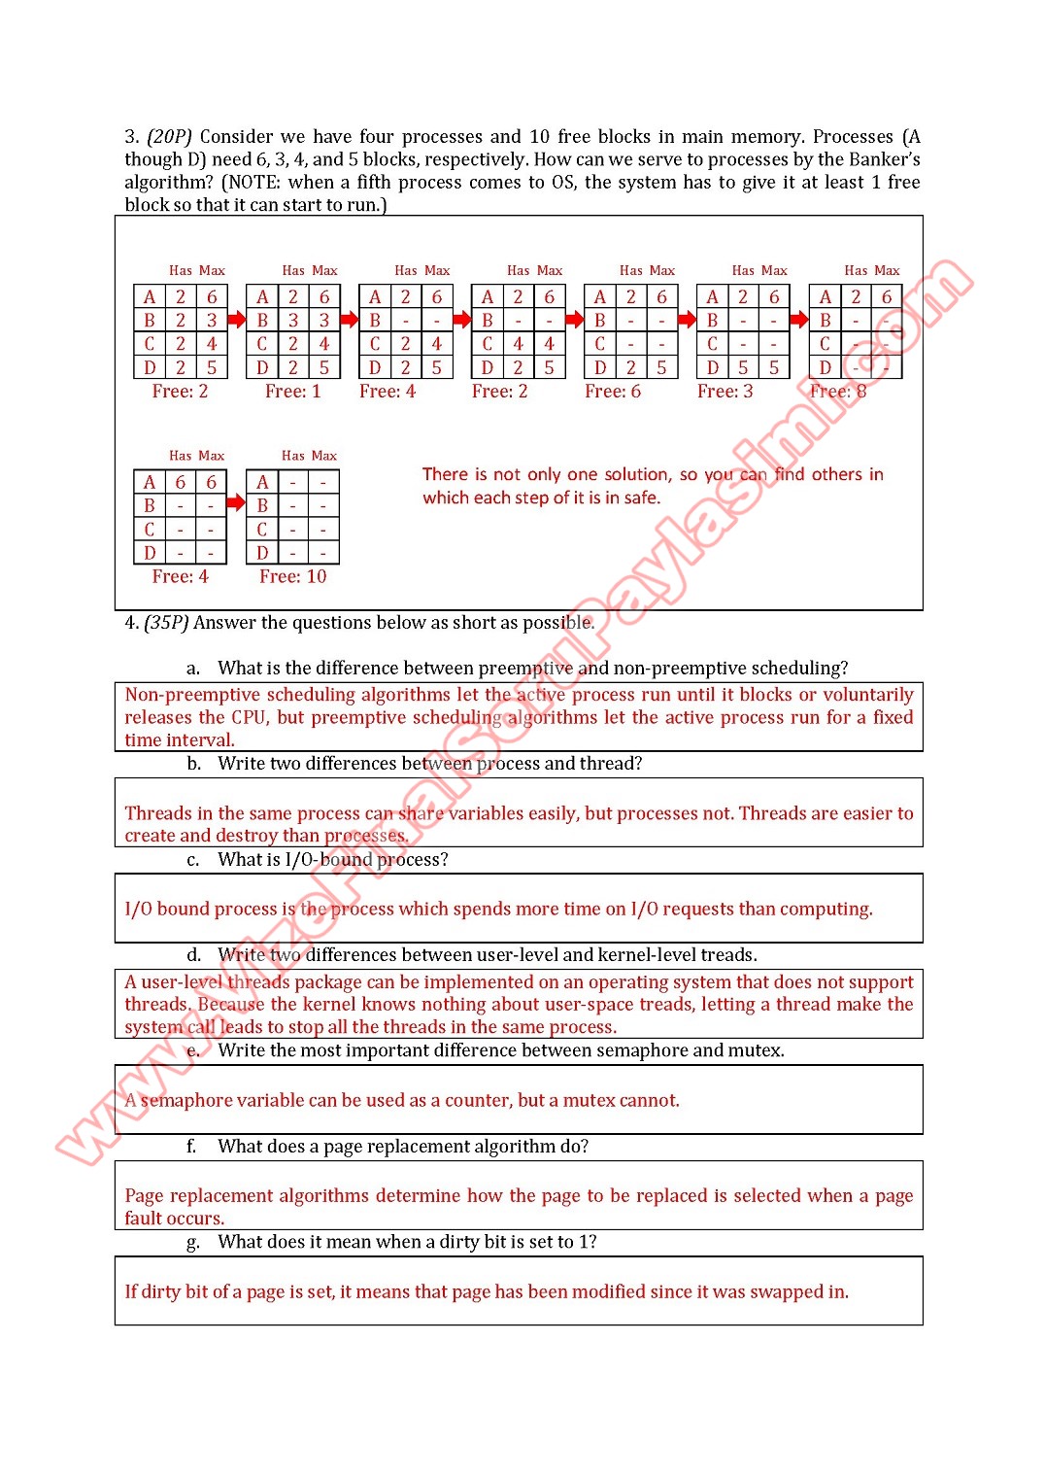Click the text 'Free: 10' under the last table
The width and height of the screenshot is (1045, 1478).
pyautogui.click(x=292, y=576)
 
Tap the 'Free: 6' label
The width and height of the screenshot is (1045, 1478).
pyautogui.click(x=612, y=392)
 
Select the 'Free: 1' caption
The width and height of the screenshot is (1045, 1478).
pyautogui.click(x=292, y=392)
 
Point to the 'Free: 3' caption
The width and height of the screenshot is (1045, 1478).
pyautogui.click(x=725, y=392)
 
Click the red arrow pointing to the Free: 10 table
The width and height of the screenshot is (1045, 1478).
pyautogui.click(x=236, y=502)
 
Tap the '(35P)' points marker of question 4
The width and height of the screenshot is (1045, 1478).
pyautogui.click(x=166, y=623)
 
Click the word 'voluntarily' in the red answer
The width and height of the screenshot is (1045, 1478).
pyautogui.click(x=868, y=695)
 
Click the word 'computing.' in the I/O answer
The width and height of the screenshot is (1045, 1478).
pyautogui.click(x=826, y=909)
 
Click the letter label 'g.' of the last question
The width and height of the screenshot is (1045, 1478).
pyautogui.click(x=193, y=1242)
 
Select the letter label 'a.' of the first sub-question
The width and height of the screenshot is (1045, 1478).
pyautogui.click(x=193, y=668)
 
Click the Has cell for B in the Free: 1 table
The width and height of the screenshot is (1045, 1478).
pyautogui.click(x=293, y=320)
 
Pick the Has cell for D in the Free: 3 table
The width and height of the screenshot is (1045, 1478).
pyautogui.click(x=743, y=367)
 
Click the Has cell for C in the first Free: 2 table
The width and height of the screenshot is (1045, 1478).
pyautogui.click(x=181, y=344)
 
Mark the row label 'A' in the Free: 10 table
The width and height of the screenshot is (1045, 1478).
pyautogui.click(x=262, y=482)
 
